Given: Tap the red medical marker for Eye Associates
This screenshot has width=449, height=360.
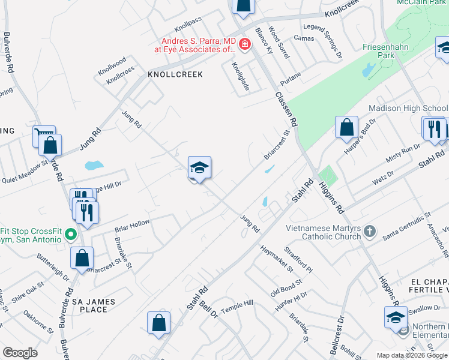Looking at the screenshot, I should [x=244, y=44].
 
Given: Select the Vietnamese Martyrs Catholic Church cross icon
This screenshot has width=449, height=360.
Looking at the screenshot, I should [x=370, y=231].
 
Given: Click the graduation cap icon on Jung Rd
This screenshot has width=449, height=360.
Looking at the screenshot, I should [x=199, y=167].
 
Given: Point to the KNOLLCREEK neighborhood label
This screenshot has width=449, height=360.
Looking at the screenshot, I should [x=175, y=74].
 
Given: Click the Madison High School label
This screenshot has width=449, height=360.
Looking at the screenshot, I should [x=408, y=109].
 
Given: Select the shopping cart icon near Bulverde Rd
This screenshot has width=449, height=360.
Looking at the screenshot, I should [x=44, y=136].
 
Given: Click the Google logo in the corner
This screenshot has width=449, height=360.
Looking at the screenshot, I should [x=20, y=353].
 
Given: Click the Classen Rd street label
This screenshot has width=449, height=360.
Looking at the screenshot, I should [x=286, y=109].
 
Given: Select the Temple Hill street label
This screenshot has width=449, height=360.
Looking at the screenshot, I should [x=238, y=307].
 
